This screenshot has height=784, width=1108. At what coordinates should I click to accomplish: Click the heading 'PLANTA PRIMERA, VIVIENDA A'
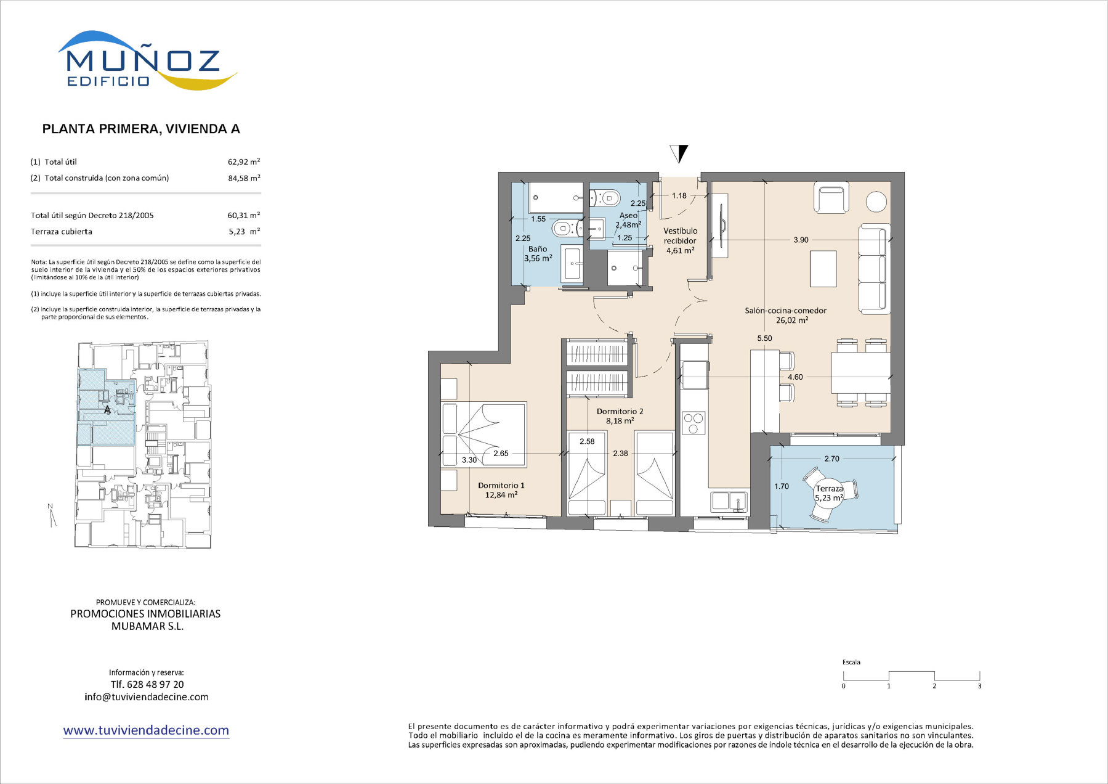(141, 129)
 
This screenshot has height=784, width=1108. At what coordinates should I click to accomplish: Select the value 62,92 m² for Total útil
(244, 161)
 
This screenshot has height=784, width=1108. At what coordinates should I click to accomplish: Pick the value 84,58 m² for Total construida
(244, 178)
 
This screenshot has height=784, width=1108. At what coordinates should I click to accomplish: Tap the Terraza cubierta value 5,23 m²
(244, 232)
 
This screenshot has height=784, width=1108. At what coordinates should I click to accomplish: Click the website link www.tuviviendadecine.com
(146, 730)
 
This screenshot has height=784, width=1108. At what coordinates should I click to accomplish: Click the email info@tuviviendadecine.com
(147, 697)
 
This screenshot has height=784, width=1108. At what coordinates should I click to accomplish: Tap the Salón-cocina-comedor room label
(785, 311)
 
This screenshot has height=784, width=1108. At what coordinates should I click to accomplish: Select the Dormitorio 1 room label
(501, 486)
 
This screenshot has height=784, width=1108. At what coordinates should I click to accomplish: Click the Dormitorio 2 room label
(620, 412)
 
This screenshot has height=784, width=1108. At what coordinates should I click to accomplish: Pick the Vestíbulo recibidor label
(680, 236)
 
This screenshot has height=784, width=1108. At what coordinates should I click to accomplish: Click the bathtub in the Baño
(556, 198)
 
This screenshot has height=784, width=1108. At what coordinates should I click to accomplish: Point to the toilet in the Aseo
(605, 198)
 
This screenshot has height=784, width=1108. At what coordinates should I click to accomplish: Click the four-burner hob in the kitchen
(694, 423)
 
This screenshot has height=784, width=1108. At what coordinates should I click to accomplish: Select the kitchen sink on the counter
(729, 502)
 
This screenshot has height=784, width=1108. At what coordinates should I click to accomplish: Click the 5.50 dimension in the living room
(764, 338)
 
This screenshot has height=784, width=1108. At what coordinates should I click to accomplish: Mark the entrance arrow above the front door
(679, 153)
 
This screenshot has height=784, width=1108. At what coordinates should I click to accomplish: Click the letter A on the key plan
(107, 410)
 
